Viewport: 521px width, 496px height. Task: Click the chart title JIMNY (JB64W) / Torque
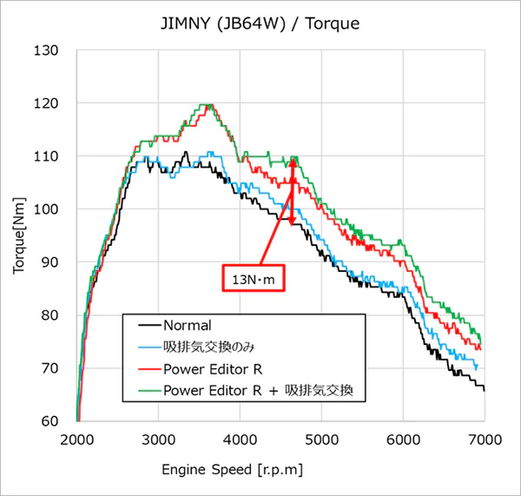tap(260, 23)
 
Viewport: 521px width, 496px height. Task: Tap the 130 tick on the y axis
tap(46, 50)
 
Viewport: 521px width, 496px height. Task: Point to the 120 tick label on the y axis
tap(46, 103)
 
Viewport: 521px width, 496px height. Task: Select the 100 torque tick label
tap(46, 209)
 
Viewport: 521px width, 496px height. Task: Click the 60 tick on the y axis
tap(49, 421)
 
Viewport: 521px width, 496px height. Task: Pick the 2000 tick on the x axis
tap(76, 440)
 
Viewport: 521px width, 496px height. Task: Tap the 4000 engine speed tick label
tap(240, 440)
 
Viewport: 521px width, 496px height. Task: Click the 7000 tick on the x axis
tap(485, 440)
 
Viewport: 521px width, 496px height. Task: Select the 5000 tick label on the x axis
tap(321, 440)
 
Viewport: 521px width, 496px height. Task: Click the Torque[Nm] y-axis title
tap(19, 236)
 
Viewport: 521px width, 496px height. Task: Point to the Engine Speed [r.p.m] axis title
tap(232, 470)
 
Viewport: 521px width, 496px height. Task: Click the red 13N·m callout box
tap(254, 278)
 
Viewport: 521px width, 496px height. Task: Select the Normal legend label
tap(188, 326)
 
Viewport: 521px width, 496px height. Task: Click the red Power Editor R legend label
tap(213, 369)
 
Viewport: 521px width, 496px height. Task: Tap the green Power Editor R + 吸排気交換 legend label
tap(258, 390)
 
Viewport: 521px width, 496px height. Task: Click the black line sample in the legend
tap(149, 326)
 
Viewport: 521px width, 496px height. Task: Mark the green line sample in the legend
tap(149, 390)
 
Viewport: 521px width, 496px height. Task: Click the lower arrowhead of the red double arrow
tap(292, 222)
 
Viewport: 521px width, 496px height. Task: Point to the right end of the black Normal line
tap(485, 390)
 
